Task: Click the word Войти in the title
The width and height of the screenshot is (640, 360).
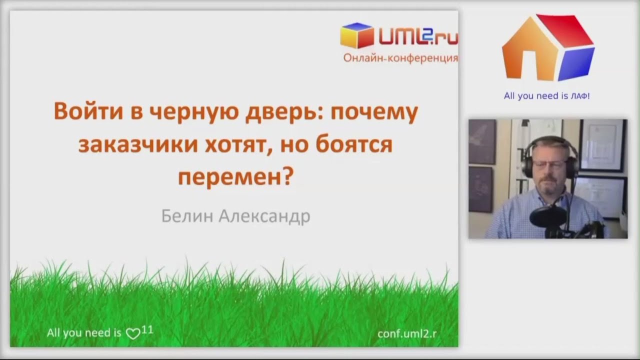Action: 88,111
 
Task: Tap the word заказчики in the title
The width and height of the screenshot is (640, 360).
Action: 138,144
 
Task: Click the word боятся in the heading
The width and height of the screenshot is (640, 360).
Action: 354,144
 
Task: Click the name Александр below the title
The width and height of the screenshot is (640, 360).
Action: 264,216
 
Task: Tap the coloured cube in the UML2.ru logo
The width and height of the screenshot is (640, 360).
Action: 357,35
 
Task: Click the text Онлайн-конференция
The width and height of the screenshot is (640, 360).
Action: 400,58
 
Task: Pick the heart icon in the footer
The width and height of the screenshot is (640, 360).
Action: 133,333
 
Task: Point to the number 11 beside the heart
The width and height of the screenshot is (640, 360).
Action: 147,330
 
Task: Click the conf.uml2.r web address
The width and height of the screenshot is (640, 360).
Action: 407,333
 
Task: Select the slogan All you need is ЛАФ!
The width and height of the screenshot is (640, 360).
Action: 546,95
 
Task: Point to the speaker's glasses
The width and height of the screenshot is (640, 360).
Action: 549,164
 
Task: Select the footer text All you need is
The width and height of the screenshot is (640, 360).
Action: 84,333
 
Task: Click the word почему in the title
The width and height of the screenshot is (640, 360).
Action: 374,112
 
